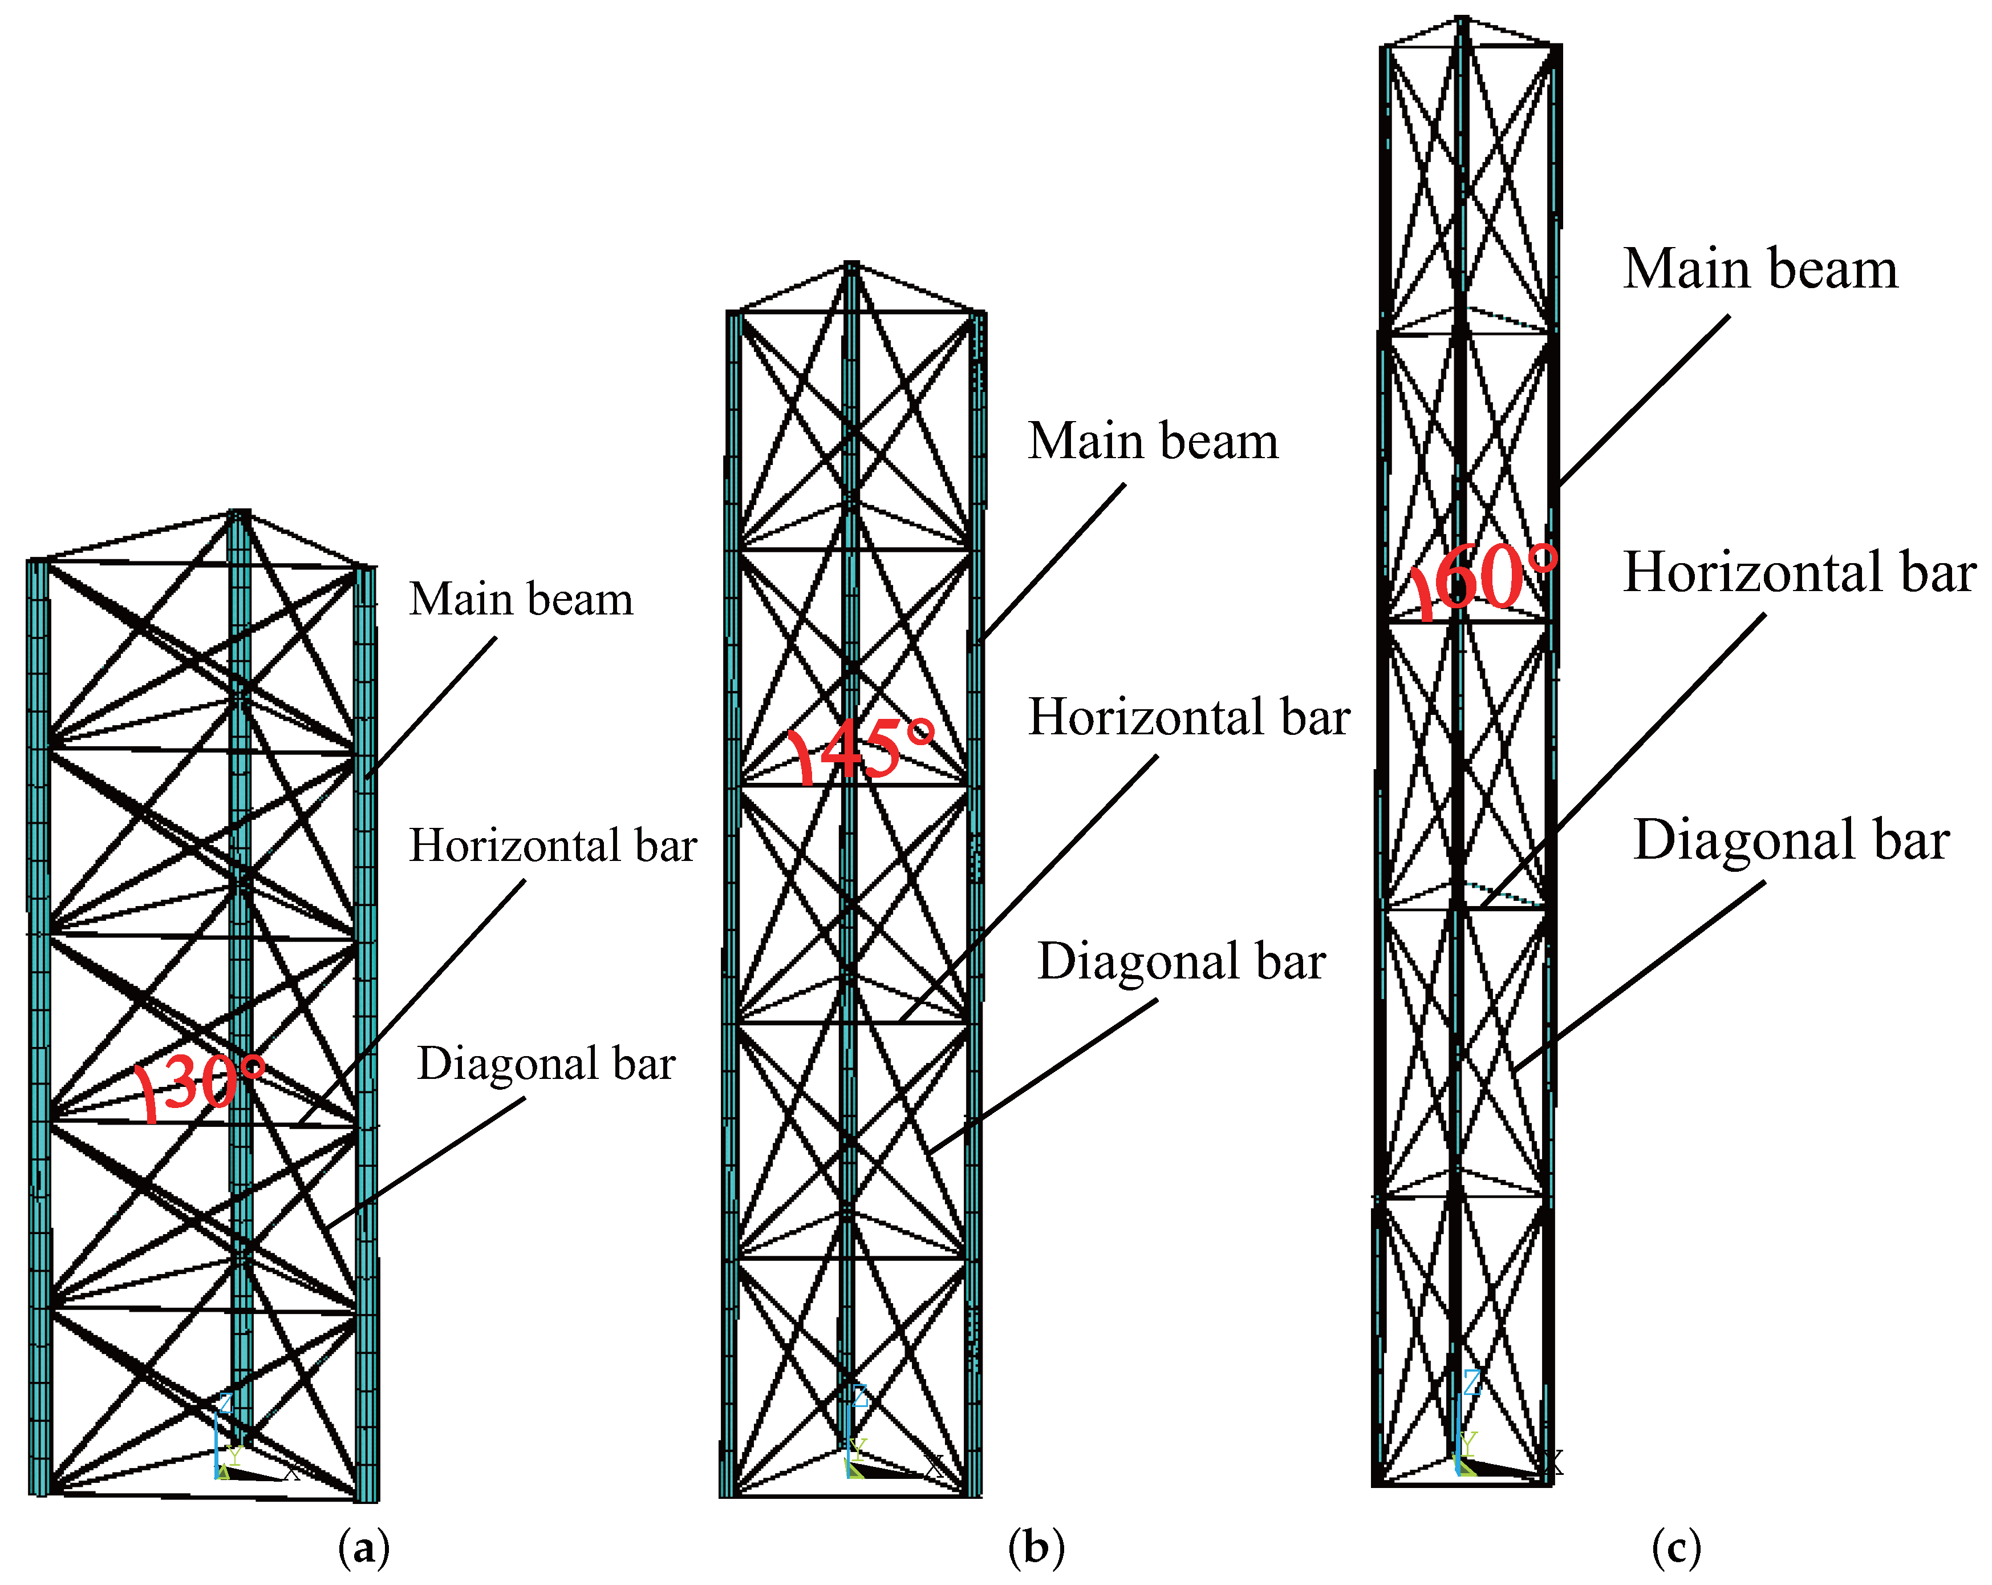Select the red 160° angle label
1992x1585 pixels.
pyautogui.click(x=1483, y=577)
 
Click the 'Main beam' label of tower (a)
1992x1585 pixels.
pyautogui.click(x=521, y=599)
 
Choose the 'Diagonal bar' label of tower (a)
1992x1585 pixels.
pyautogui.click(x=546, y=1063)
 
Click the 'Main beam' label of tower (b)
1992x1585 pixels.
pyautogui.click(x=1153, y=441)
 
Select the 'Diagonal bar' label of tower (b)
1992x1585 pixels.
pyautogui.click(x=1182, y=961)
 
